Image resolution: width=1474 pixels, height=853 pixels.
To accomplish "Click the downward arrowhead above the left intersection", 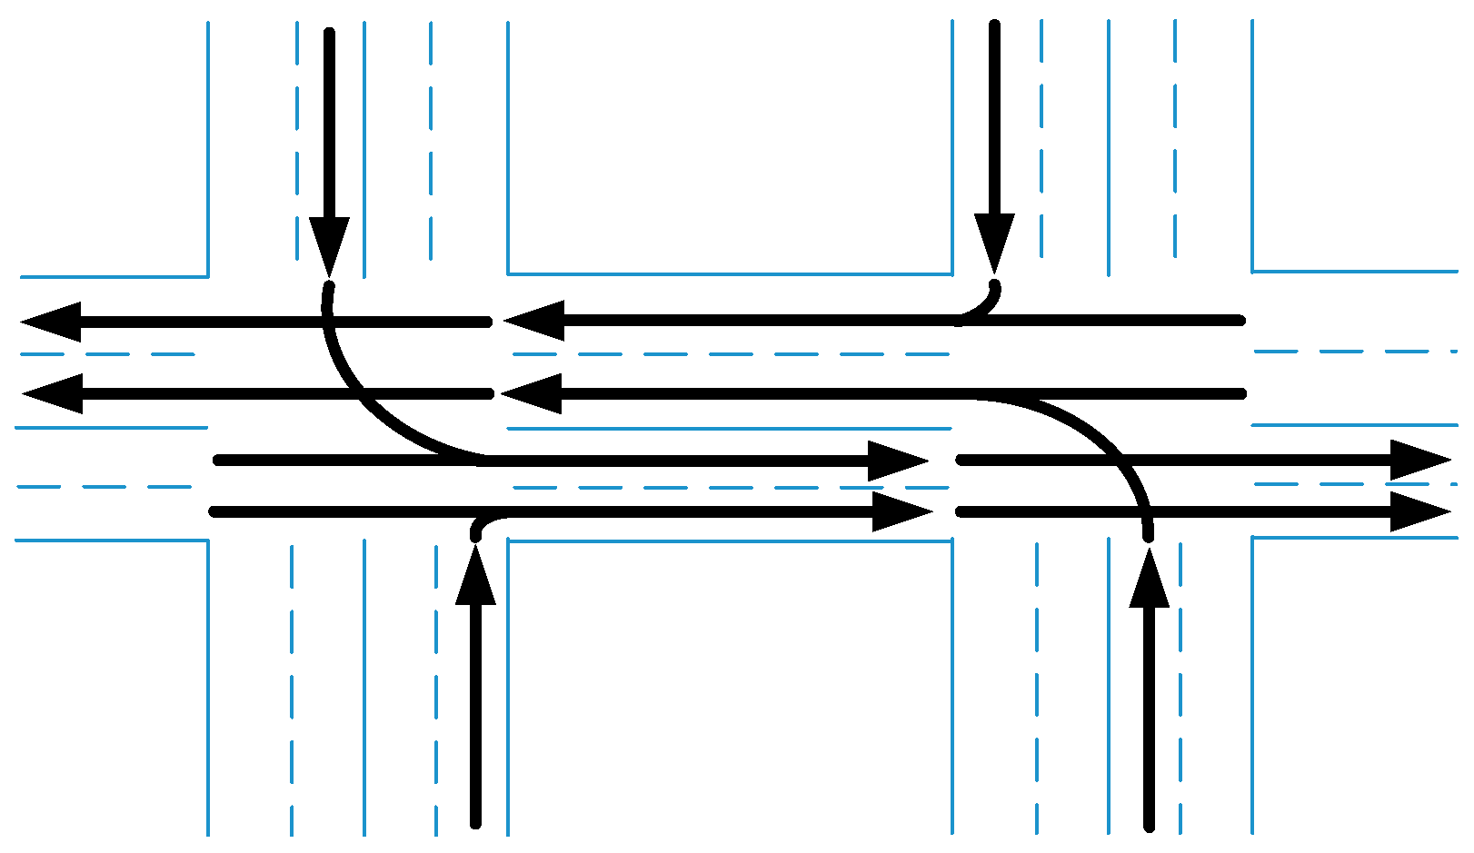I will pos(329,243).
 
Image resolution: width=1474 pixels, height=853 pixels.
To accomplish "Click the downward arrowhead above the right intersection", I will pos(994,239).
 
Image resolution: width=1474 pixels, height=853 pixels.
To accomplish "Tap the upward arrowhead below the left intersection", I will pos(475,579).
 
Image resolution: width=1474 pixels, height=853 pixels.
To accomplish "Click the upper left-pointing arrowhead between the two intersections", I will pos(536,321).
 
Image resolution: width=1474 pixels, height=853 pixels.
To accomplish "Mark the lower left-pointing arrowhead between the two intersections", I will pos(534,393).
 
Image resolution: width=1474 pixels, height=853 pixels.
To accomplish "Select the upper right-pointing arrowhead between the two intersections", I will pos(895,461).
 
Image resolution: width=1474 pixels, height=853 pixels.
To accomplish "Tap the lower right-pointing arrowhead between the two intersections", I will pos(900,512).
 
